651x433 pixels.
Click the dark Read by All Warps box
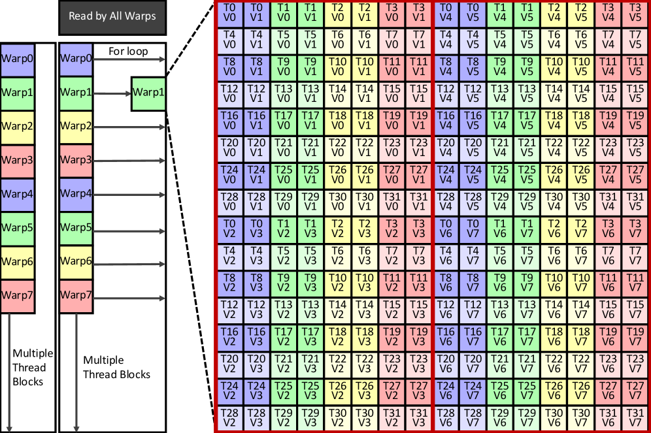(112, 16)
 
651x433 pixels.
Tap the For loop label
(129, 51)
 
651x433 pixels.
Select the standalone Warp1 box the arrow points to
(148, 93)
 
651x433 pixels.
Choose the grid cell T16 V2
(229, 336)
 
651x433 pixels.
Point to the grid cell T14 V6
(554, 309)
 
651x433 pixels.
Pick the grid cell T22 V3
(364, 363)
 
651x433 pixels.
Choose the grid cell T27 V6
(608, 390)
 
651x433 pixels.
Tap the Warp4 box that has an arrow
(75, 195)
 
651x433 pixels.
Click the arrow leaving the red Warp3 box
(129, 161)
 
